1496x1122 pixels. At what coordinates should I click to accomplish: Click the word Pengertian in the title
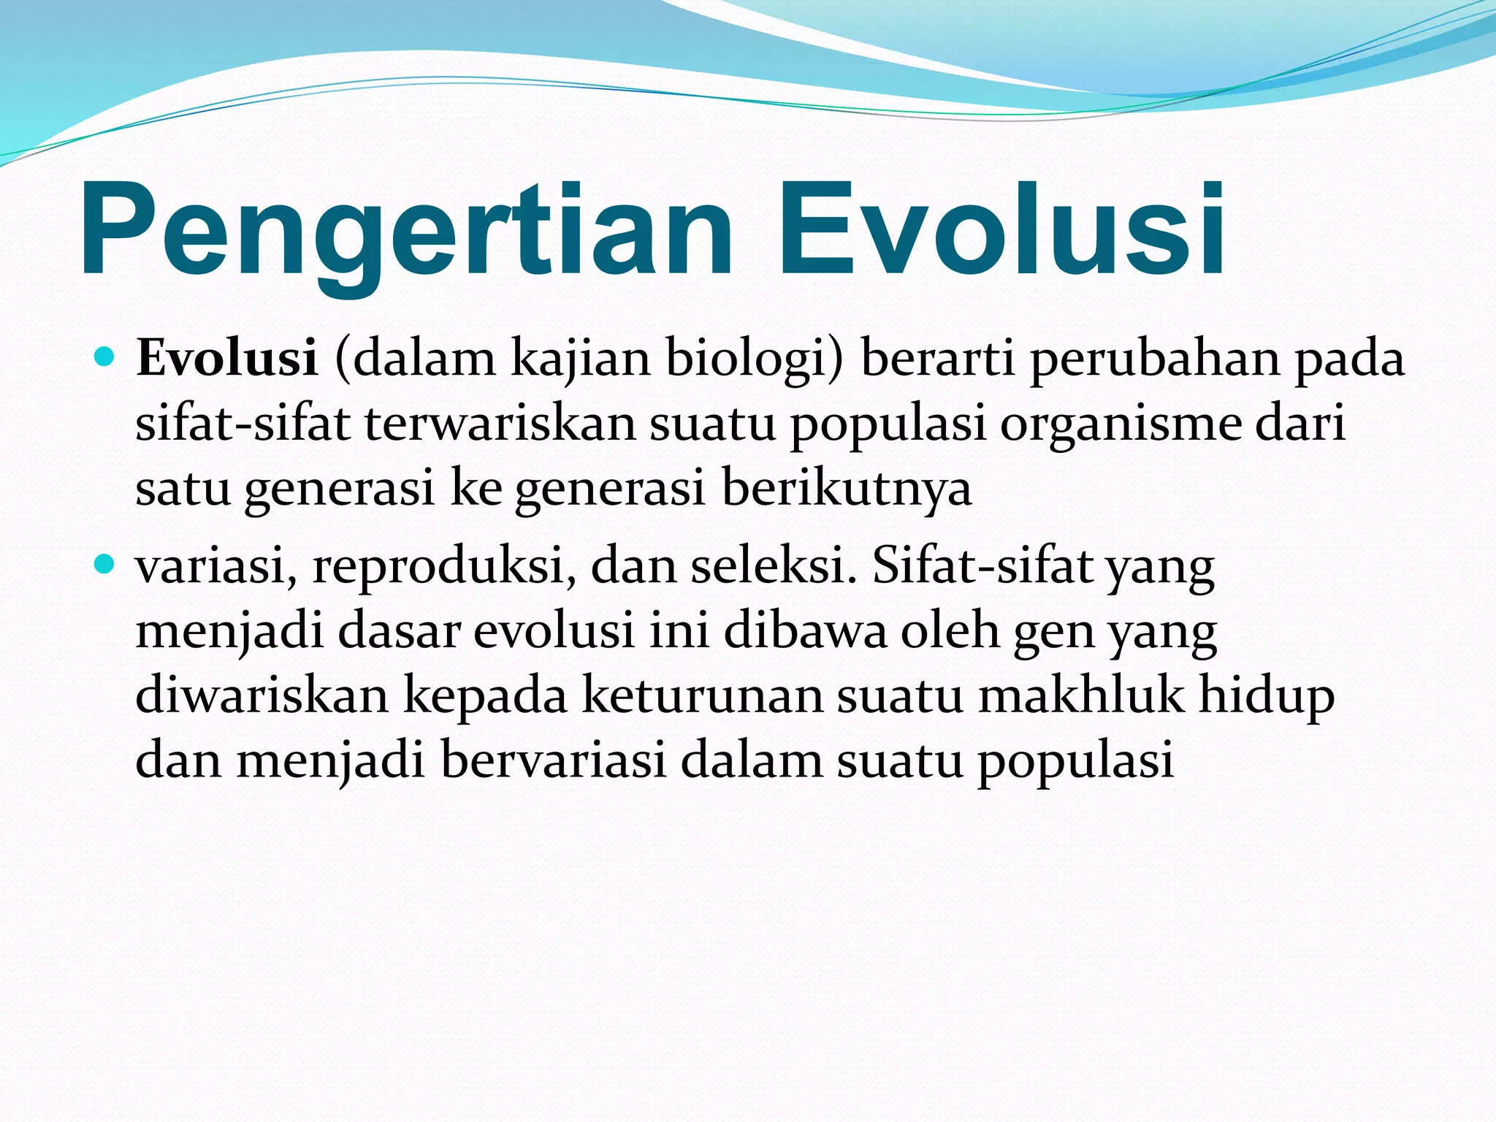(405, 230)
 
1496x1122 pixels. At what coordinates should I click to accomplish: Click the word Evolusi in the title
(1001, 230)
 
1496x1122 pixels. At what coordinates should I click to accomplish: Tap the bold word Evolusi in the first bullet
(227, 359)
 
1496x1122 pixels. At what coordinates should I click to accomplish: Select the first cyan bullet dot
(105, 357)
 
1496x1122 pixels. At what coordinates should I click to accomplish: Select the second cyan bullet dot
(105, 565)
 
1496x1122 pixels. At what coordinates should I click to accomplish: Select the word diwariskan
(262, 695)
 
